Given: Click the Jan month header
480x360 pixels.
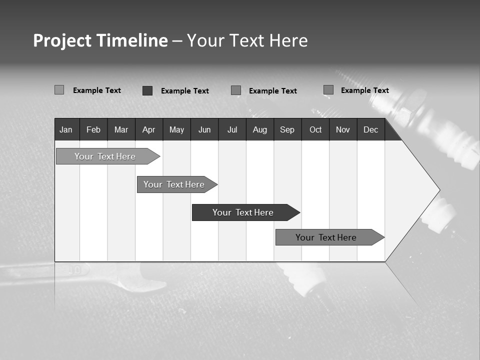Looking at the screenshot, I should (66, 129).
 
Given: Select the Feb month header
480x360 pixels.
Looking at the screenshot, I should (93, 129).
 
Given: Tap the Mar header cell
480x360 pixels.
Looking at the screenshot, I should (121, 129).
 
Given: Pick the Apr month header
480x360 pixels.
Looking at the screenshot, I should (149, 129).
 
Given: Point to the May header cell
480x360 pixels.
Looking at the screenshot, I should (176, 129).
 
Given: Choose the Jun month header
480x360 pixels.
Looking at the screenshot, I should (204, 129).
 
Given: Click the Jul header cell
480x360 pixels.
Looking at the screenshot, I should (232, 129).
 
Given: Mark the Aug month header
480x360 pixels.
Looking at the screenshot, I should (260, 129).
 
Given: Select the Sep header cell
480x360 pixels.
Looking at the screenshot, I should (287, 129).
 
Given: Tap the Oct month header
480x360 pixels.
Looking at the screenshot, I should (315, 129).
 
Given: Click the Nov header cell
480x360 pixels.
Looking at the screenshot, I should (343, 129).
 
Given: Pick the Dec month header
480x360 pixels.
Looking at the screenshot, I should (371, 129).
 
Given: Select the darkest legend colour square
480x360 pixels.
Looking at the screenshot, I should (147, 90).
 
